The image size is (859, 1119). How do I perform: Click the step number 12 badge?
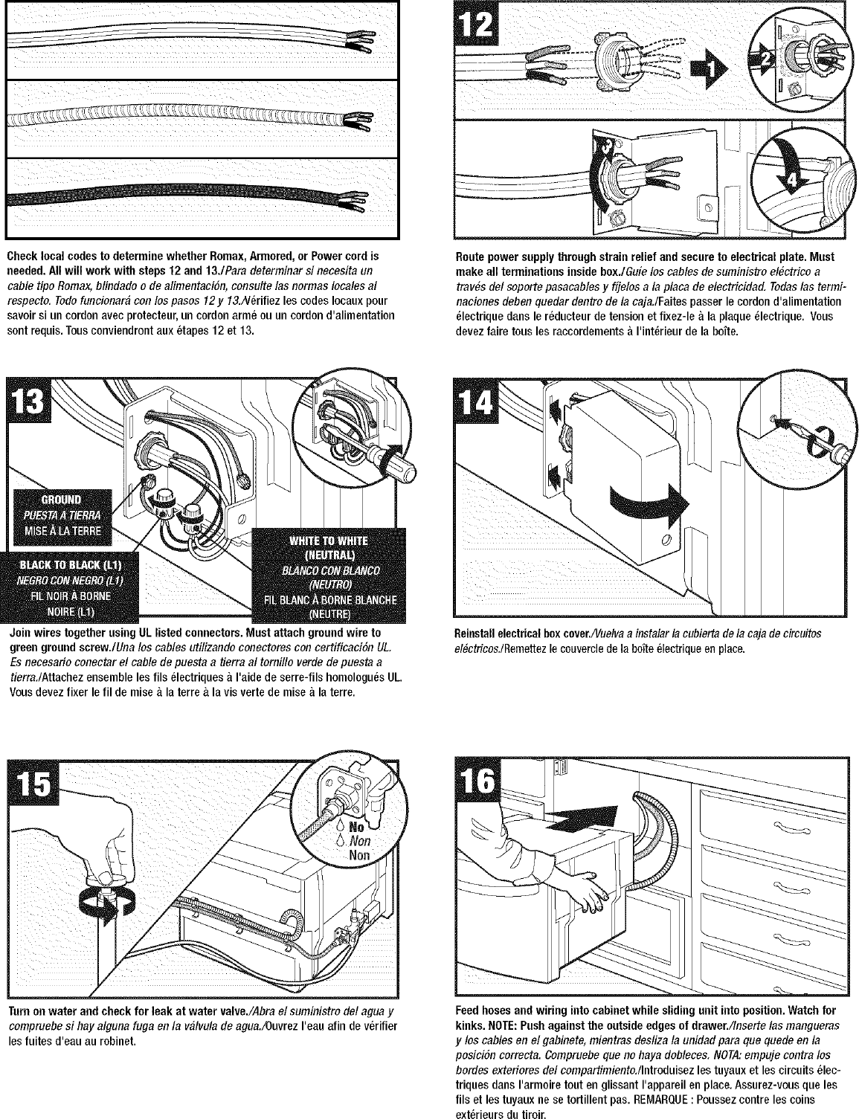[477, 25]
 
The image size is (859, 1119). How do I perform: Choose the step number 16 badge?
[479, 781]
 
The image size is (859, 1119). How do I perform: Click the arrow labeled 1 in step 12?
[708, 69]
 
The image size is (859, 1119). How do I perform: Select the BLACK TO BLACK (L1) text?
[69, 565]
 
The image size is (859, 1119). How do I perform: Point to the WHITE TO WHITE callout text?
[329, 541]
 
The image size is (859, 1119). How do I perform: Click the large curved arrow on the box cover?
[649, 502]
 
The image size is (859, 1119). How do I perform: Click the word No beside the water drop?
[355, 827]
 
